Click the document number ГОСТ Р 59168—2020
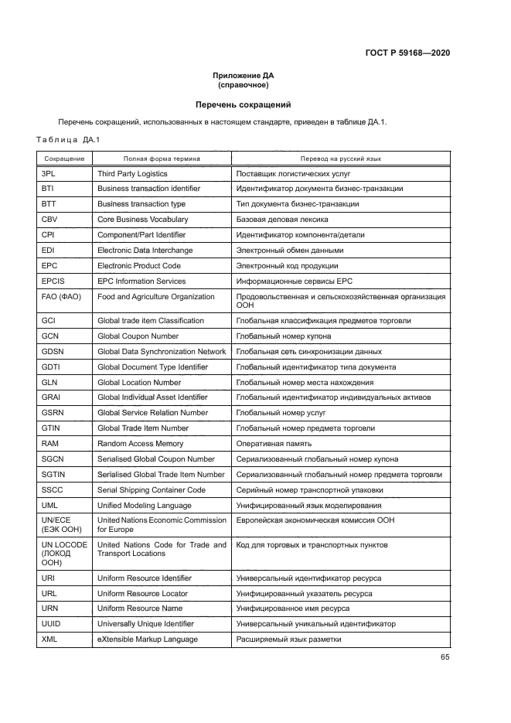coord(407,53)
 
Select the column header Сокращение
coord(64,159)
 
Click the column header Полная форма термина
coord(161,159)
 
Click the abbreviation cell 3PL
coord(49,174)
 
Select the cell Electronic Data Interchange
coord(145,251)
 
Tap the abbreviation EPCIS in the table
coord(53,281)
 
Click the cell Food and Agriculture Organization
coord(155,297)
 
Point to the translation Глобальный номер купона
coord(284,336)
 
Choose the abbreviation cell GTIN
coord(51,428)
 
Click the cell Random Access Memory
coord(140,444)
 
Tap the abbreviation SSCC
coord(52,490)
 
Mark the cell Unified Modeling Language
coord(144,506)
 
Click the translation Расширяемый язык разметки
coord(288,639)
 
